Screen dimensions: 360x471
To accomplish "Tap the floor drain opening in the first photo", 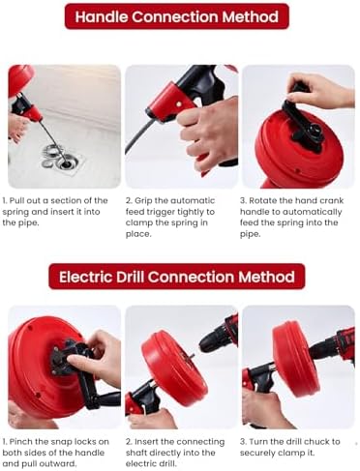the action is [67, 163].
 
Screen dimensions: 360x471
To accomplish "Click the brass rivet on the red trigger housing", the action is [178, 103].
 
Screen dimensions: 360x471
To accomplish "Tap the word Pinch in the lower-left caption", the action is [21, 442].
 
